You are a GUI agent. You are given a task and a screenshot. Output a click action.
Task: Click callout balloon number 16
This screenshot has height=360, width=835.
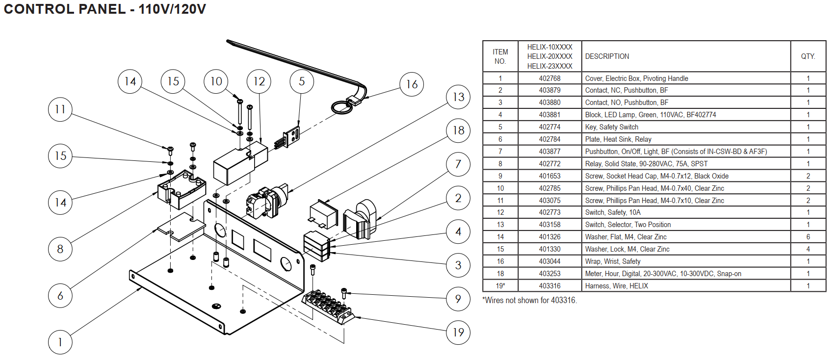click(412, 84)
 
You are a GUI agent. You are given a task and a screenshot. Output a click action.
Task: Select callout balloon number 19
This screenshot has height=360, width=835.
click(458, 333)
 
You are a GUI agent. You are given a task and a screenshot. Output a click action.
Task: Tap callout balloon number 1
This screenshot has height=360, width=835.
click(60, 342)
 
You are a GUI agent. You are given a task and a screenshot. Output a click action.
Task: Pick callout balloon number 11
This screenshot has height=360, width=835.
click(60, 109)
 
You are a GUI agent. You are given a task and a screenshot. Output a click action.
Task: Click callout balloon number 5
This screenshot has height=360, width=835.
click(302, 81)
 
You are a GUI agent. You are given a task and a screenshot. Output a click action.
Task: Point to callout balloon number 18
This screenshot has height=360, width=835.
click(458, 130)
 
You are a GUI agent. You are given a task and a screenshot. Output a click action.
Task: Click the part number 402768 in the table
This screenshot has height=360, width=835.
click(549, 78)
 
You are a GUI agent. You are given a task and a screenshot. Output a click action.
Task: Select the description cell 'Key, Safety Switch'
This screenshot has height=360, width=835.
click(611, 127)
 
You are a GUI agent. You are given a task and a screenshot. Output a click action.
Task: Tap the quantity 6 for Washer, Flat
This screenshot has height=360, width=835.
click(808, 237)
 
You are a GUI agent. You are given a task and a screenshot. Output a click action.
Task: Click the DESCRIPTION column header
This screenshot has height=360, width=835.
click(607, 56)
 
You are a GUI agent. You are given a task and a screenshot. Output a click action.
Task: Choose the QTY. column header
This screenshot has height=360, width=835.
click(808, 56)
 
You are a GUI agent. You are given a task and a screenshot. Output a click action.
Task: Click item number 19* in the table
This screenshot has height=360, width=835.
click(500, 286)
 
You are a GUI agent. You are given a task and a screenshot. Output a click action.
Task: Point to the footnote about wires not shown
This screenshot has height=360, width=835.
click(529, 300)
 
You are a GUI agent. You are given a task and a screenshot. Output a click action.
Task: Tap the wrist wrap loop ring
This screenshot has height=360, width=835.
click(342, 107)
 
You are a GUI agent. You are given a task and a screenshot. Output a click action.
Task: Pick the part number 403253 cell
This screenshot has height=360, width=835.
click(549, 274)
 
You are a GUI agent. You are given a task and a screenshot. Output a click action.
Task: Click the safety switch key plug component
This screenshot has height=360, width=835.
click(291, 136)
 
